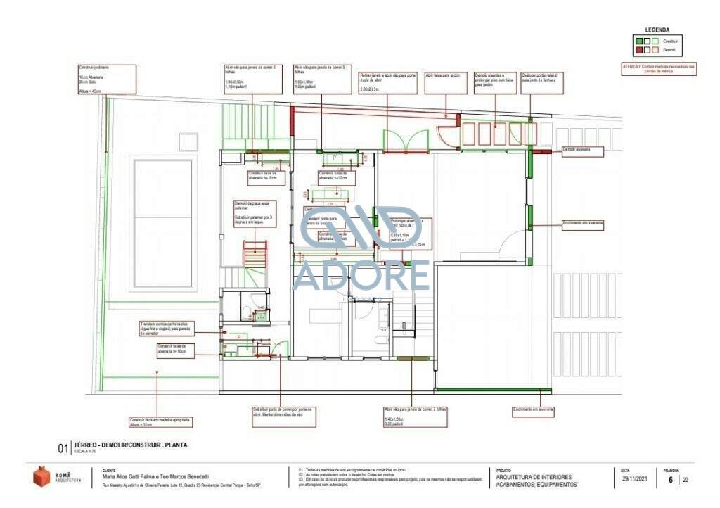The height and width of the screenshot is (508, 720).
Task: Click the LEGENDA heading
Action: (657, 30)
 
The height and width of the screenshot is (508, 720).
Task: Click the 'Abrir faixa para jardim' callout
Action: (446, 82)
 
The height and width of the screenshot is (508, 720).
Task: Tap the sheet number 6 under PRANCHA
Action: (671, 480)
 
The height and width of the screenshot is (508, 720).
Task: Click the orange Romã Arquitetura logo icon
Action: (41, 476)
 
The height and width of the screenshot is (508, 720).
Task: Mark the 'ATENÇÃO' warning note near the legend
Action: (658, 69)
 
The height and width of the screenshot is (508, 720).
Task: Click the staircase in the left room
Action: (255, 253)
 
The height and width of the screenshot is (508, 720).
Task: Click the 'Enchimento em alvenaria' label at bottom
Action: (533, 409)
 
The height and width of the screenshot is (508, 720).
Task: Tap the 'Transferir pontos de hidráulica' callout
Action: (167, 328)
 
